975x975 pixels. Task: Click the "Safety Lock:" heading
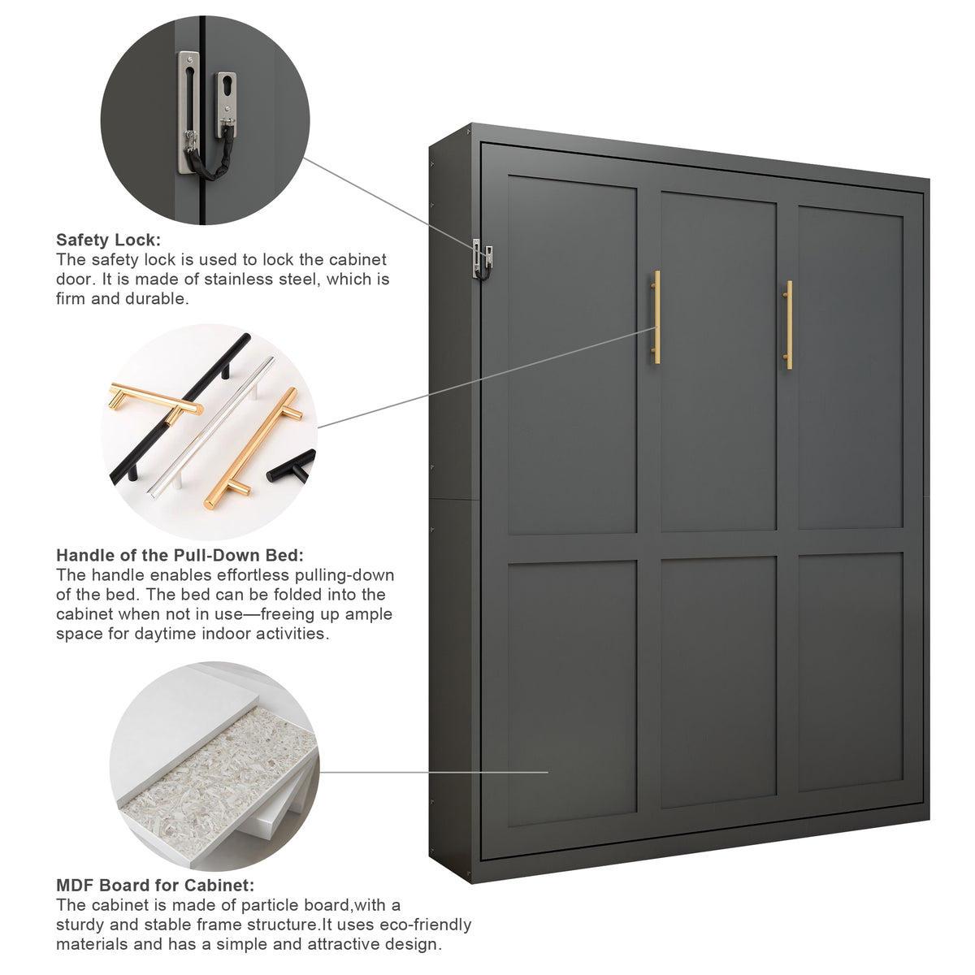[108, 240]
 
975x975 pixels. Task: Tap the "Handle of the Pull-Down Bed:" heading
[180, 555]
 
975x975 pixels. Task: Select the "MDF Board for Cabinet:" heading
[155, 885]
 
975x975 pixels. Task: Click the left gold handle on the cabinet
[656, 317]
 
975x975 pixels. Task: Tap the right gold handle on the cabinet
[788, 325]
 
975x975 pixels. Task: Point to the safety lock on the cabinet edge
[482, 259]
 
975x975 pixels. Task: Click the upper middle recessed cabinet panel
[718, 362]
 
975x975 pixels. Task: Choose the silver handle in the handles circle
[213, 426]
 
